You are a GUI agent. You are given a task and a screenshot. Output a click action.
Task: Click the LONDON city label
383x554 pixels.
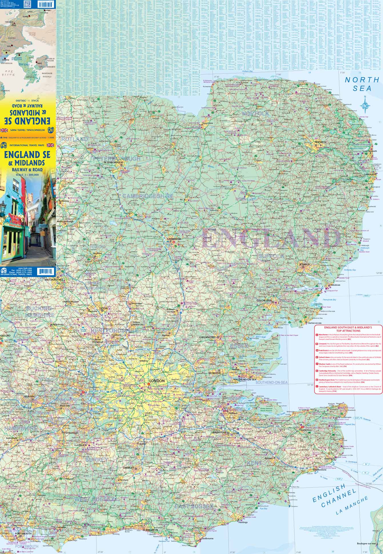(x=157, y=381)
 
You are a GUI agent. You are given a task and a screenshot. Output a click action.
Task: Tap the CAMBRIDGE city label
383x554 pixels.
(x=174, y=239)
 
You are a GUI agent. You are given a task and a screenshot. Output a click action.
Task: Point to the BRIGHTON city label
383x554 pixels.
(x=151, y=530)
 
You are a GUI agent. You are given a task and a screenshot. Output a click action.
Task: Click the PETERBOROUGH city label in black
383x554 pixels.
(x=113, y=162)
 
